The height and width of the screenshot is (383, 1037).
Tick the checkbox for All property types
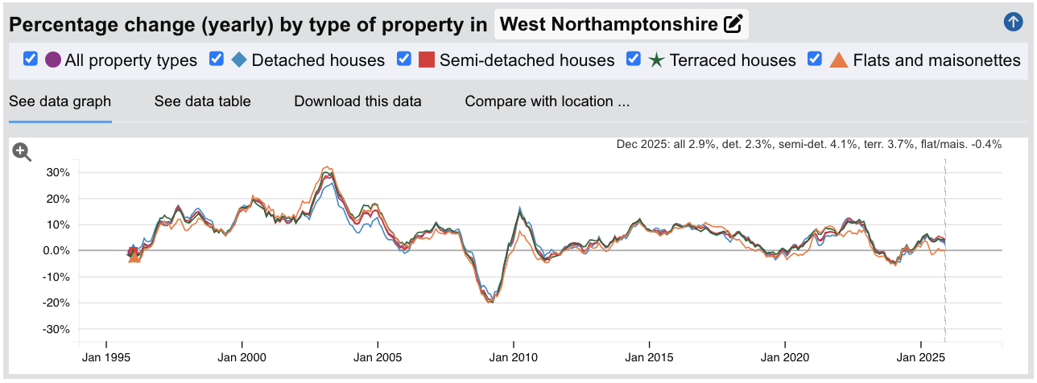(31, 59)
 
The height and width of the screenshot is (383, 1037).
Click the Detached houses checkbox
(216, 59)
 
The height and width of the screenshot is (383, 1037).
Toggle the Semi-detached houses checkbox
(404, 59)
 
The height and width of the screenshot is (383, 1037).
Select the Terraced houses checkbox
(634, 59)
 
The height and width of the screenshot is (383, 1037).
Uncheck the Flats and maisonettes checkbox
(815, 59)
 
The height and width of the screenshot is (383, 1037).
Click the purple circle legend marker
(53, 60)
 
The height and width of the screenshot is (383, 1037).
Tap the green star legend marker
(657, 60)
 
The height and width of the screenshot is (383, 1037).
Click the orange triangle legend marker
(839, 60)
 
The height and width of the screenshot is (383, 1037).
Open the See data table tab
(202, 101)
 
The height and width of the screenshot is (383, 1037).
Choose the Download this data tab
(357, 101)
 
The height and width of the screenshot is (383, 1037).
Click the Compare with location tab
(547, 101)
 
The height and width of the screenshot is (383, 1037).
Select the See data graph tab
(60, 101)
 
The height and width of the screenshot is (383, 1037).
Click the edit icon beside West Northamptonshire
(733, 24)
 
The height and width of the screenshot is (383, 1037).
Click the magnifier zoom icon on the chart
(22, 152)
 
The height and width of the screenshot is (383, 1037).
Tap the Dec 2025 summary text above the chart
(808, 145)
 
